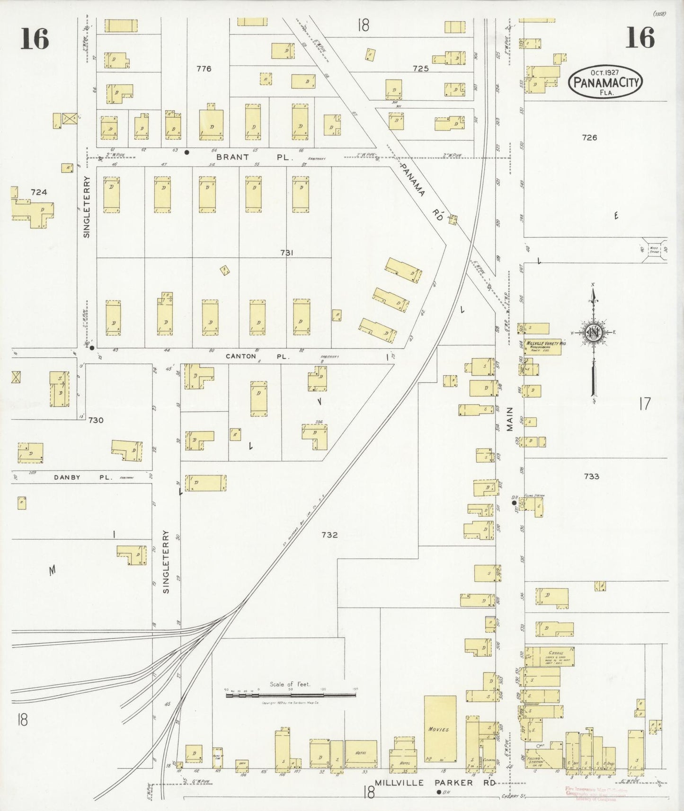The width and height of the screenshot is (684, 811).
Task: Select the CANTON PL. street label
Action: [x=257, y=356]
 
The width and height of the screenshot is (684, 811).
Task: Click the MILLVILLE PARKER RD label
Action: [x=435, y=783]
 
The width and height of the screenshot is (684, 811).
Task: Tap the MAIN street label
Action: [x=510, y=419]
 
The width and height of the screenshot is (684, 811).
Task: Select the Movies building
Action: [x=440, y=729]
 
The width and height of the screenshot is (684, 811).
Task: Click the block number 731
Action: [x=286, y=253]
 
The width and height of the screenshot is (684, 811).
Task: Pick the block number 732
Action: [x=329, y=535]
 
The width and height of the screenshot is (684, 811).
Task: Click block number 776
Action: [x=204, y=69]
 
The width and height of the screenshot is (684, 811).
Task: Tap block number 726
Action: [x=589, y=138]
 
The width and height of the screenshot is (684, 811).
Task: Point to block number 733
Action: [x=591, y=476]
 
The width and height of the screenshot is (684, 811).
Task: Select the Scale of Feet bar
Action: [x=291, y=695]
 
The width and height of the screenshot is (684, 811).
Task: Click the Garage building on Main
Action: [x=549, y=657]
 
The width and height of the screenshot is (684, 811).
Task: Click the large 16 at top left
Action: [x=35, y=38]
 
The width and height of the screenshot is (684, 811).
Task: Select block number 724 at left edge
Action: [x=39, y=192]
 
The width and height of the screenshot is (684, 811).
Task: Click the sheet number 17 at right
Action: [x=645, y=404]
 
